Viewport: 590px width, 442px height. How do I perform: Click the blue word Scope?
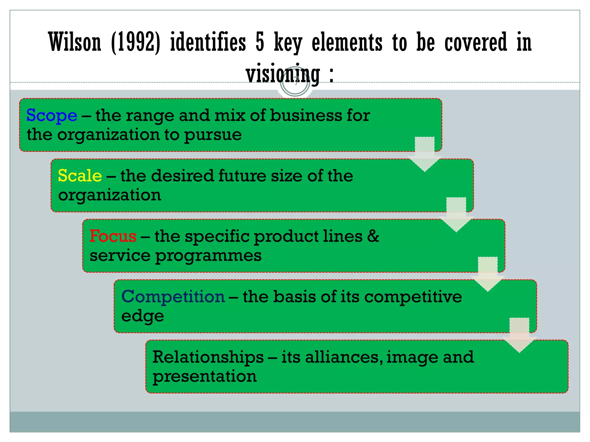(52, 116)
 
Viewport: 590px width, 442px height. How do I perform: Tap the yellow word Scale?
(80, 176)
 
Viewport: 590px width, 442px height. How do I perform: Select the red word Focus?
(113, 236)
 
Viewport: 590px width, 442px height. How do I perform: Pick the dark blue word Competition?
(173, 297)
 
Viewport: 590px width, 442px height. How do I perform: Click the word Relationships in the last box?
(208, 357)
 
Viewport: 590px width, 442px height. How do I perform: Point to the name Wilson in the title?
(75, 42)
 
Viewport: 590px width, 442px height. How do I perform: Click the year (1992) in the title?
(135, 43)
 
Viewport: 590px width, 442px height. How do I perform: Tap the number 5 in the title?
(260, 42)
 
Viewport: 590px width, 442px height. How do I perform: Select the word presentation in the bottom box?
(205, 376)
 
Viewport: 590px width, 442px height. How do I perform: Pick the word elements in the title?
(347, 42)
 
